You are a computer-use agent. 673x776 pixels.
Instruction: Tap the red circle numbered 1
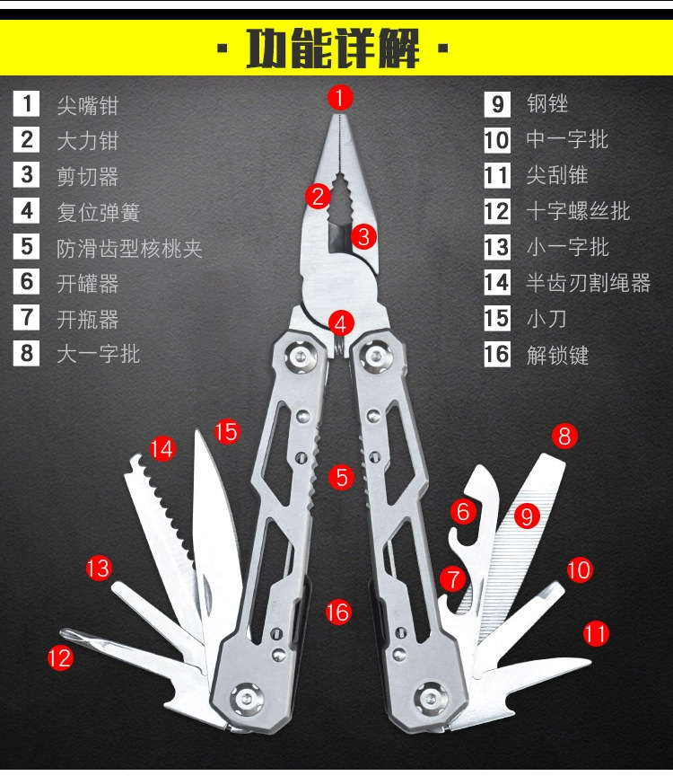pyautogui.click(x=340, y=96)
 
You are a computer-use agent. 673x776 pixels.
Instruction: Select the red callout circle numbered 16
pyautogui.click(x=337, y=613)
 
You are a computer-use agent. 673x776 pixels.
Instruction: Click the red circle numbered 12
pyautogui.click(x=60, y=657)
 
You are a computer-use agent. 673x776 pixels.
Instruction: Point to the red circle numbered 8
pyautogui.click(x=564, y=436)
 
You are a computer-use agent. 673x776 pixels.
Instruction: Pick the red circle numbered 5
pyautogui.click(x=341, y=477)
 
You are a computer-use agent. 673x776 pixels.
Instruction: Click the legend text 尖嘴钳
pyautogui.click(x=87, y=105)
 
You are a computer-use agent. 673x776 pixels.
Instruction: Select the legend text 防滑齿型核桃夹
pyautogui.click(x=129, y=248)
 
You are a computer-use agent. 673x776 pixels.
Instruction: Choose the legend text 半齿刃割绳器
pyautogui.click(x=588, y=284)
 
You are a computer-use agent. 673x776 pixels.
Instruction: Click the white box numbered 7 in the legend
pyautogui.click(x=27, y=318)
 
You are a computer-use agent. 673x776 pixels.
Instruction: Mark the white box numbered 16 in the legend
pyautogui.click(x=497, y=354)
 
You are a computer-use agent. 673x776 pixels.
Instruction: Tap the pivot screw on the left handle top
pyautogui.click(x=302, y=357)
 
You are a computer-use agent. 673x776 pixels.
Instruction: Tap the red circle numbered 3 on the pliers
pyautogui.click(x=362, y=237)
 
